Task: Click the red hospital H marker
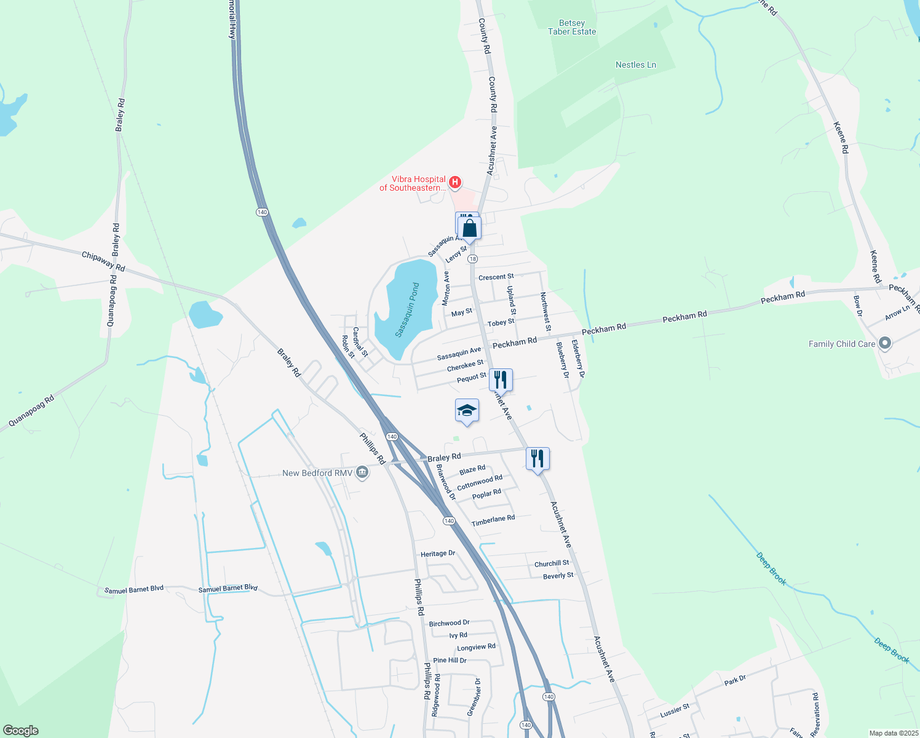(455, 182)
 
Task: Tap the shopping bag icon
(470, 229)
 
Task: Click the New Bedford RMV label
(317, 473)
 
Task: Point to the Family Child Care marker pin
(885, 343)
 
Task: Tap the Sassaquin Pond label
(407, 310)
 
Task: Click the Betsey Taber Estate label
(572, 28)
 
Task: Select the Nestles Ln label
(636, 65)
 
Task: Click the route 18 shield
(472, 259)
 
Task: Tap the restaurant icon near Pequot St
(501, 380)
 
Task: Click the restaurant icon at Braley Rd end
(537, 458)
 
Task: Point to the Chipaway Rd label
(103, 261)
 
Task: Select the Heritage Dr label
(438, 553)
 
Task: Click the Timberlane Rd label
(493, 520)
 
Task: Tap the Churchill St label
(552, 563)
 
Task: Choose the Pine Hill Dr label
(450, 661)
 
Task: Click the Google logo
(21, 731)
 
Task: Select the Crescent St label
(496, 277)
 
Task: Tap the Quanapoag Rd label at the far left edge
(31, 411)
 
